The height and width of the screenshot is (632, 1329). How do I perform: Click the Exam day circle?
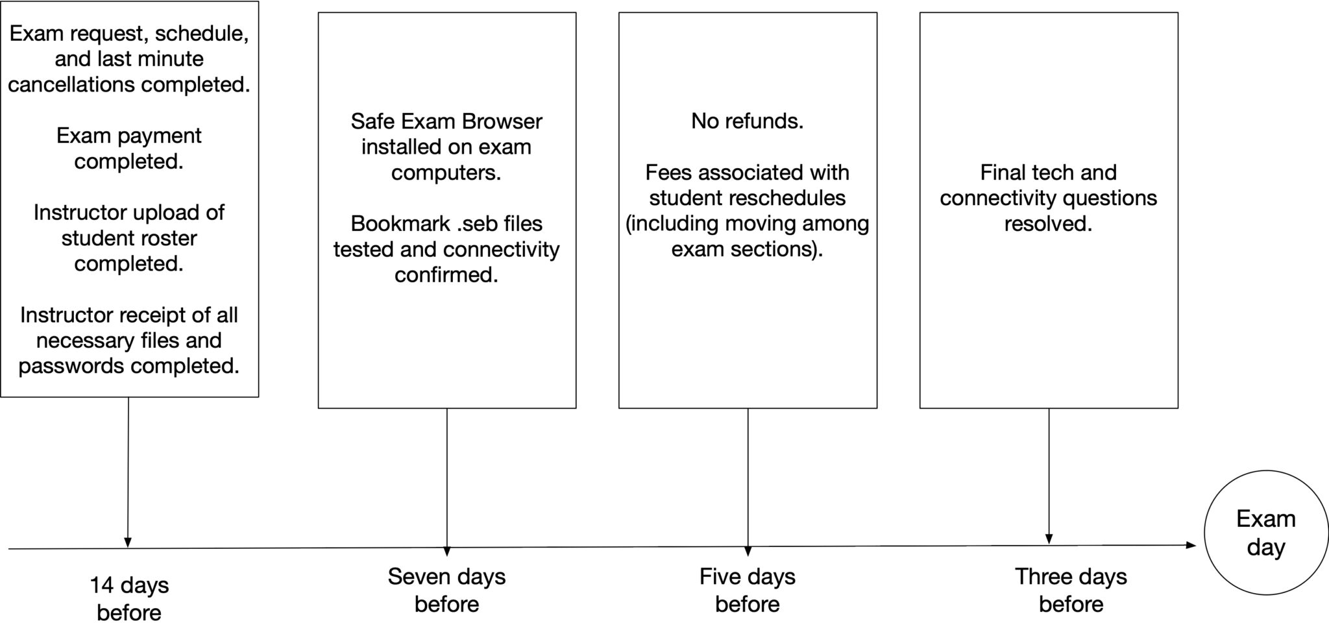[x=1265, y=533]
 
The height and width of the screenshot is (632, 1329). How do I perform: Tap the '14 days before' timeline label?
[x=129, y=598]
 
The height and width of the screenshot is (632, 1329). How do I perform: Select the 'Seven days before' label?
[x=446, y=590]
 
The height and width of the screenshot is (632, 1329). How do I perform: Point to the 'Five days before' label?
[x=747, y=590]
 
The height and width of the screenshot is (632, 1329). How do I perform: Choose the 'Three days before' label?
[x=1070, y=590]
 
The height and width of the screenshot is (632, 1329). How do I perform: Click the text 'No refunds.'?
[x=747, y=121]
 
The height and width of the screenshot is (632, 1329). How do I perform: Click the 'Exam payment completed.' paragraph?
[x=128, y=148]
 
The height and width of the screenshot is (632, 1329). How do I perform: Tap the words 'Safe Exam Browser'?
[x=446, y=121]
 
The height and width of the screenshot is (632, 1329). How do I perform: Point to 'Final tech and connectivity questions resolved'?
[x=1048, y=198]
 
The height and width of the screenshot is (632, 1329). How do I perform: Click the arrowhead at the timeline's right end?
[x=1191, y=545]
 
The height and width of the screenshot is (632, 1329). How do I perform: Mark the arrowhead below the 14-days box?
[x=128, y=542]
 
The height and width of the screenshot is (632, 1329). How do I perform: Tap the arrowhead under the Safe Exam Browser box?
[x=446, y=551]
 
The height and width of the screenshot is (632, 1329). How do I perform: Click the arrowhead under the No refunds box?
[x=748, y=551]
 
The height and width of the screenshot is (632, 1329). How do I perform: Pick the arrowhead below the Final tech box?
[x=1049, y=539]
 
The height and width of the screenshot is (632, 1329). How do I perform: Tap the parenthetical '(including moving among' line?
[x=747, y=224]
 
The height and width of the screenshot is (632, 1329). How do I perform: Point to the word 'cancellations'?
[x=71, y=85]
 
